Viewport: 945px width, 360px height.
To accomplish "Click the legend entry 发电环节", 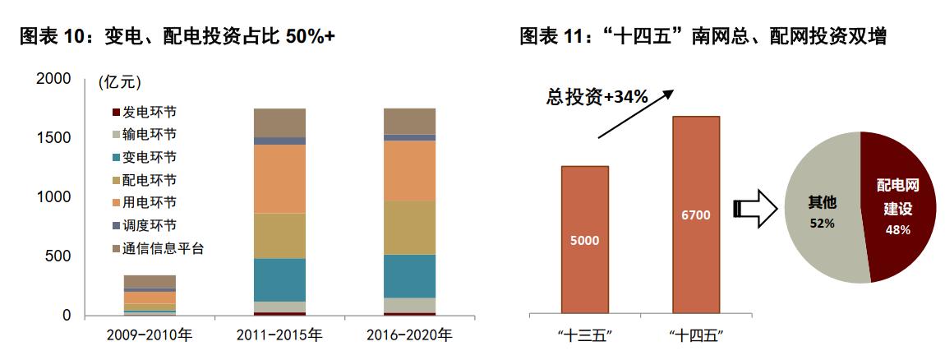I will coord(149,111).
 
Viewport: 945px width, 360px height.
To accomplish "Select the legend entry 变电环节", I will coord(149,157).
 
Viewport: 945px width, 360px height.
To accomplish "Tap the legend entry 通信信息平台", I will coord(162,248).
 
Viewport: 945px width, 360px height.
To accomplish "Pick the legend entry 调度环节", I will coord(149,225).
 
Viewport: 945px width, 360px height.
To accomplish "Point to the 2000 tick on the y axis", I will coord(54,79).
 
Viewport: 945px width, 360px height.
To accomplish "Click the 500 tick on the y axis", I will coord(60,256).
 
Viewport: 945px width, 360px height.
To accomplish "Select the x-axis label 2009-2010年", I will coord(150,335).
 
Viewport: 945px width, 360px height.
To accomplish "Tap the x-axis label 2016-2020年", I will coord(410,335).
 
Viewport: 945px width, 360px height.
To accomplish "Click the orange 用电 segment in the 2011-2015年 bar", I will coord(279,179).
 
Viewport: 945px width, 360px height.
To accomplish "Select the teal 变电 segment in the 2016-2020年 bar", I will coord(410,276).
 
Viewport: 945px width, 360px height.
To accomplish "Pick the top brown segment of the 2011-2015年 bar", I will coord(279,122).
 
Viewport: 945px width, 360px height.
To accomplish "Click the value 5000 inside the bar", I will coord(585,241).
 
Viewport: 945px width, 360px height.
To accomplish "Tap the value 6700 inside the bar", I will coord(695,215).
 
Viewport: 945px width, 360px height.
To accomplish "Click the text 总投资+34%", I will coord(597,97).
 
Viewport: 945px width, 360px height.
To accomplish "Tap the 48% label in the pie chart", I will coord(897,230).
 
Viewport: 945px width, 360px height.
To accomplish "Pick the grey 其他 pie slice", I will coord(818,214).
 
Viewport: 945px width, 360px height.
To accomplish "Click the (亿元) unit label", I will coord(119,82).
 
